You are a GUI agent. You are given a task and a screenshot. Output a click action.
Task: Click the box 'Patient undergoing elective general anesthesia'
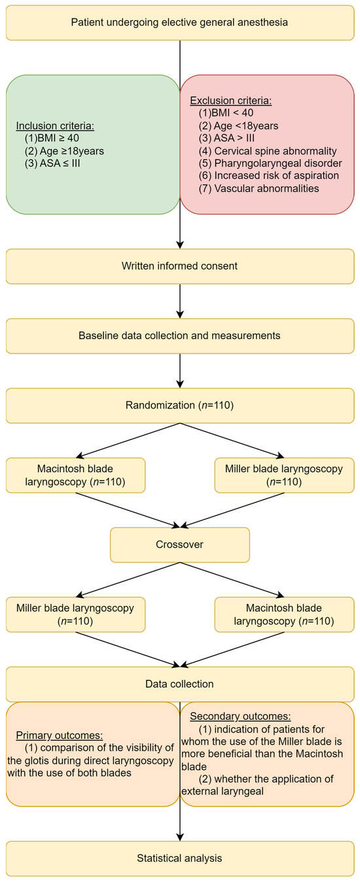[179, 22]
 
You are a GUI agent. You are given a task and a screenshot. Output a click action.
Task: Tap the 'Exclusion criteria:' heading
[230, 101]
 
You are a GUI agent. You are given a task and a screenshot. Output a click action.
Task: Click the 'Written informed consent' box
[179, 266]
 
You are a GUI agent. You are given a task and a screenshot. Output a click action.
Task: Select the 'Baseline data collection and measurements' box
[179, 335]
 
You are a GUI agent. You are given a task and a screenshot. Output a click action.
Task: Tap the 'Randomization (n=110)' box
[179, 405]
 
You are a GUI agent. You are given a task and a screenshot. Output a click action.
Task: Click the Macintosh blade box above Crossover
[75, 475]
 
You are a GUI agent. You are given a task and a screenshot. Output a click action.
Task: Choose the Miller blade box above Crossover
[284, 475]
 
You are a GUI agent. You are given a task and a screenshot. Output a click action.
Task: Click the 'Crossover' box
[179, 544]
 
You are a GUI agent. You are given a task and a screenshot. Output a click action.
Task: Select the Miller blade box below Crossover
[75, 614]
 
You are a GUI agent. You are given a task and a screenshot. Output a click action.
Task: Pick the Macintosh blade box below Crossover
[284, 614]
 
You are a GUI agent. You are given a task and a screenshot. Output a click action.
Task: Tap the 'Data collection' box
[179, 684]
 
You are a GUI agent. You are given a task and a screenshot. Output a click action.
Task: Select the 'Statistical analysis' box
[179, 857]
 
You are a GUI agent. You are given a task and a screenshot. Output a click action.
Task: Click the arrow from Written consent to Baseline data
[179, 301]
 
